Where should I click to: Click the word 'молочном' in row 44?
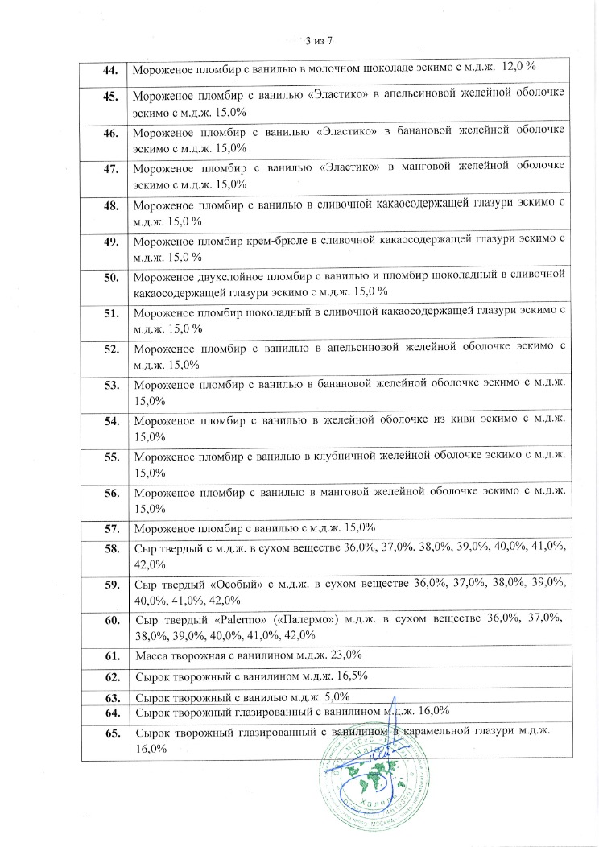click(320, 70)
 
